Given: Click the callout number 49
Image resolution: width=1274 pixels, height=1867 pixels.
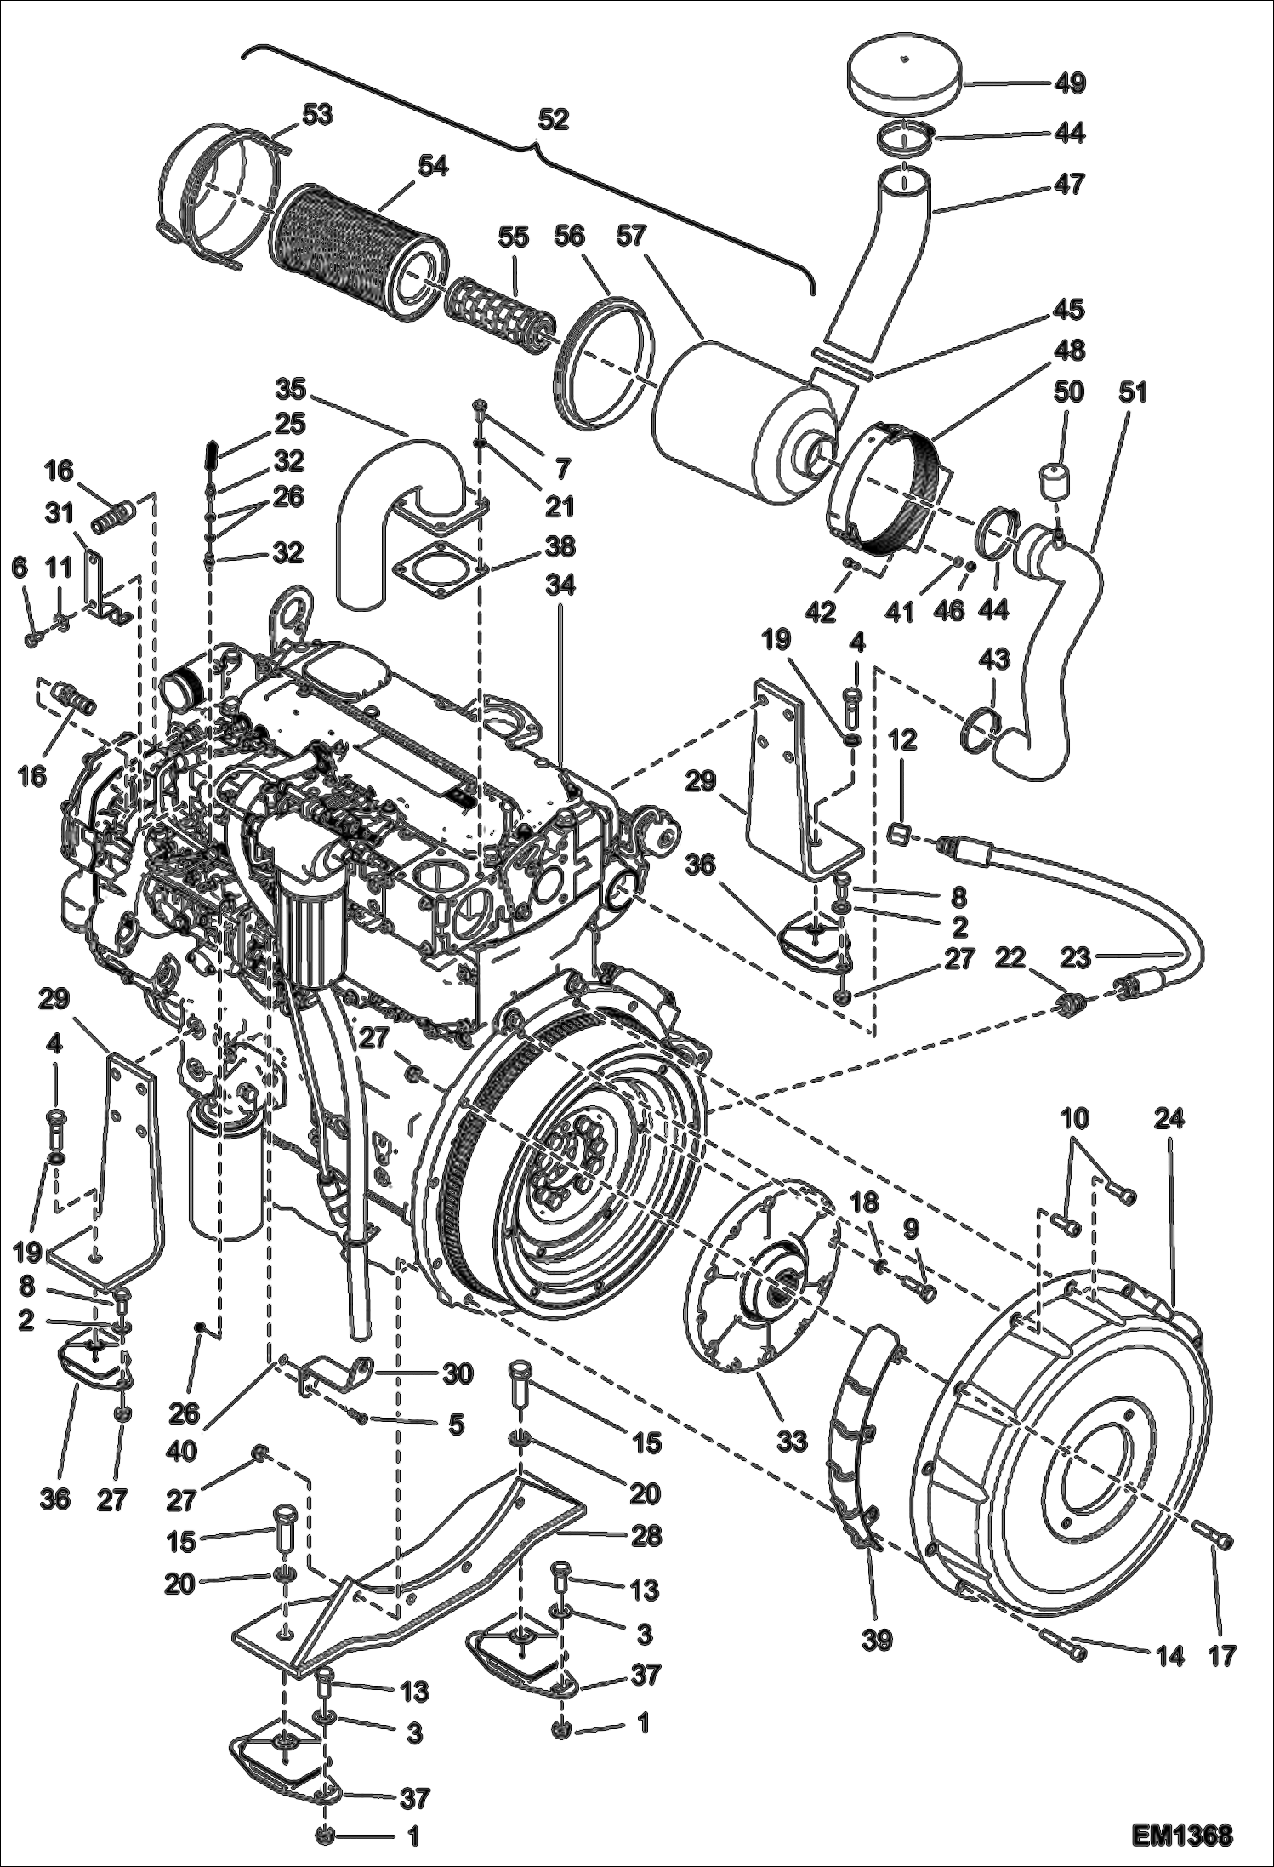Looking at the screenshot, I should (1070, 83).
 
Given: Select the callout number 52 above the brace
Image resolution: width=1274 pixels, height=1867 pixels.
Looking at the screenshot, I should (553, 119).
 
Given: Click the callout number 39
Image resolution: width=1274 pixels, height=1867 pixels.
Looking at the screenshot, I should (877, 1640).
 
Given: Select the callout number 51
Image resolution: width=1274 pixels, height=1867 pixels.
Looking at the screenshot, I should (1133, 392).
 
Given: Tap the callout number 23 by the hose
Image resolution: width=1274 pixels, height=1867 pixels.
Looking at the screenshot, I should (1076, 959).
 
